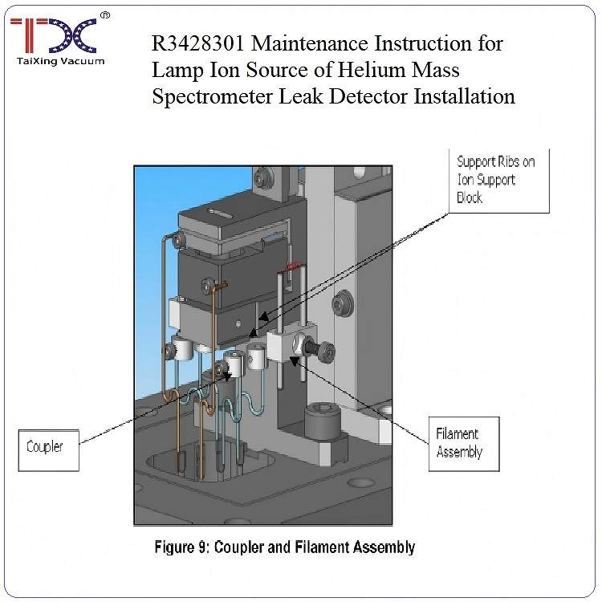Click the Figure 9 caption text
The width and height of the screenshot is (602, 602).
click(285, 547)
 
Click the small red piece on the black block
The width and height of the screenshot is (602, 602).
click(292, 266)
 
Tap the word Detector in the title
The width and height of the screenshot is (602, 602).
click(371, 96)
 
